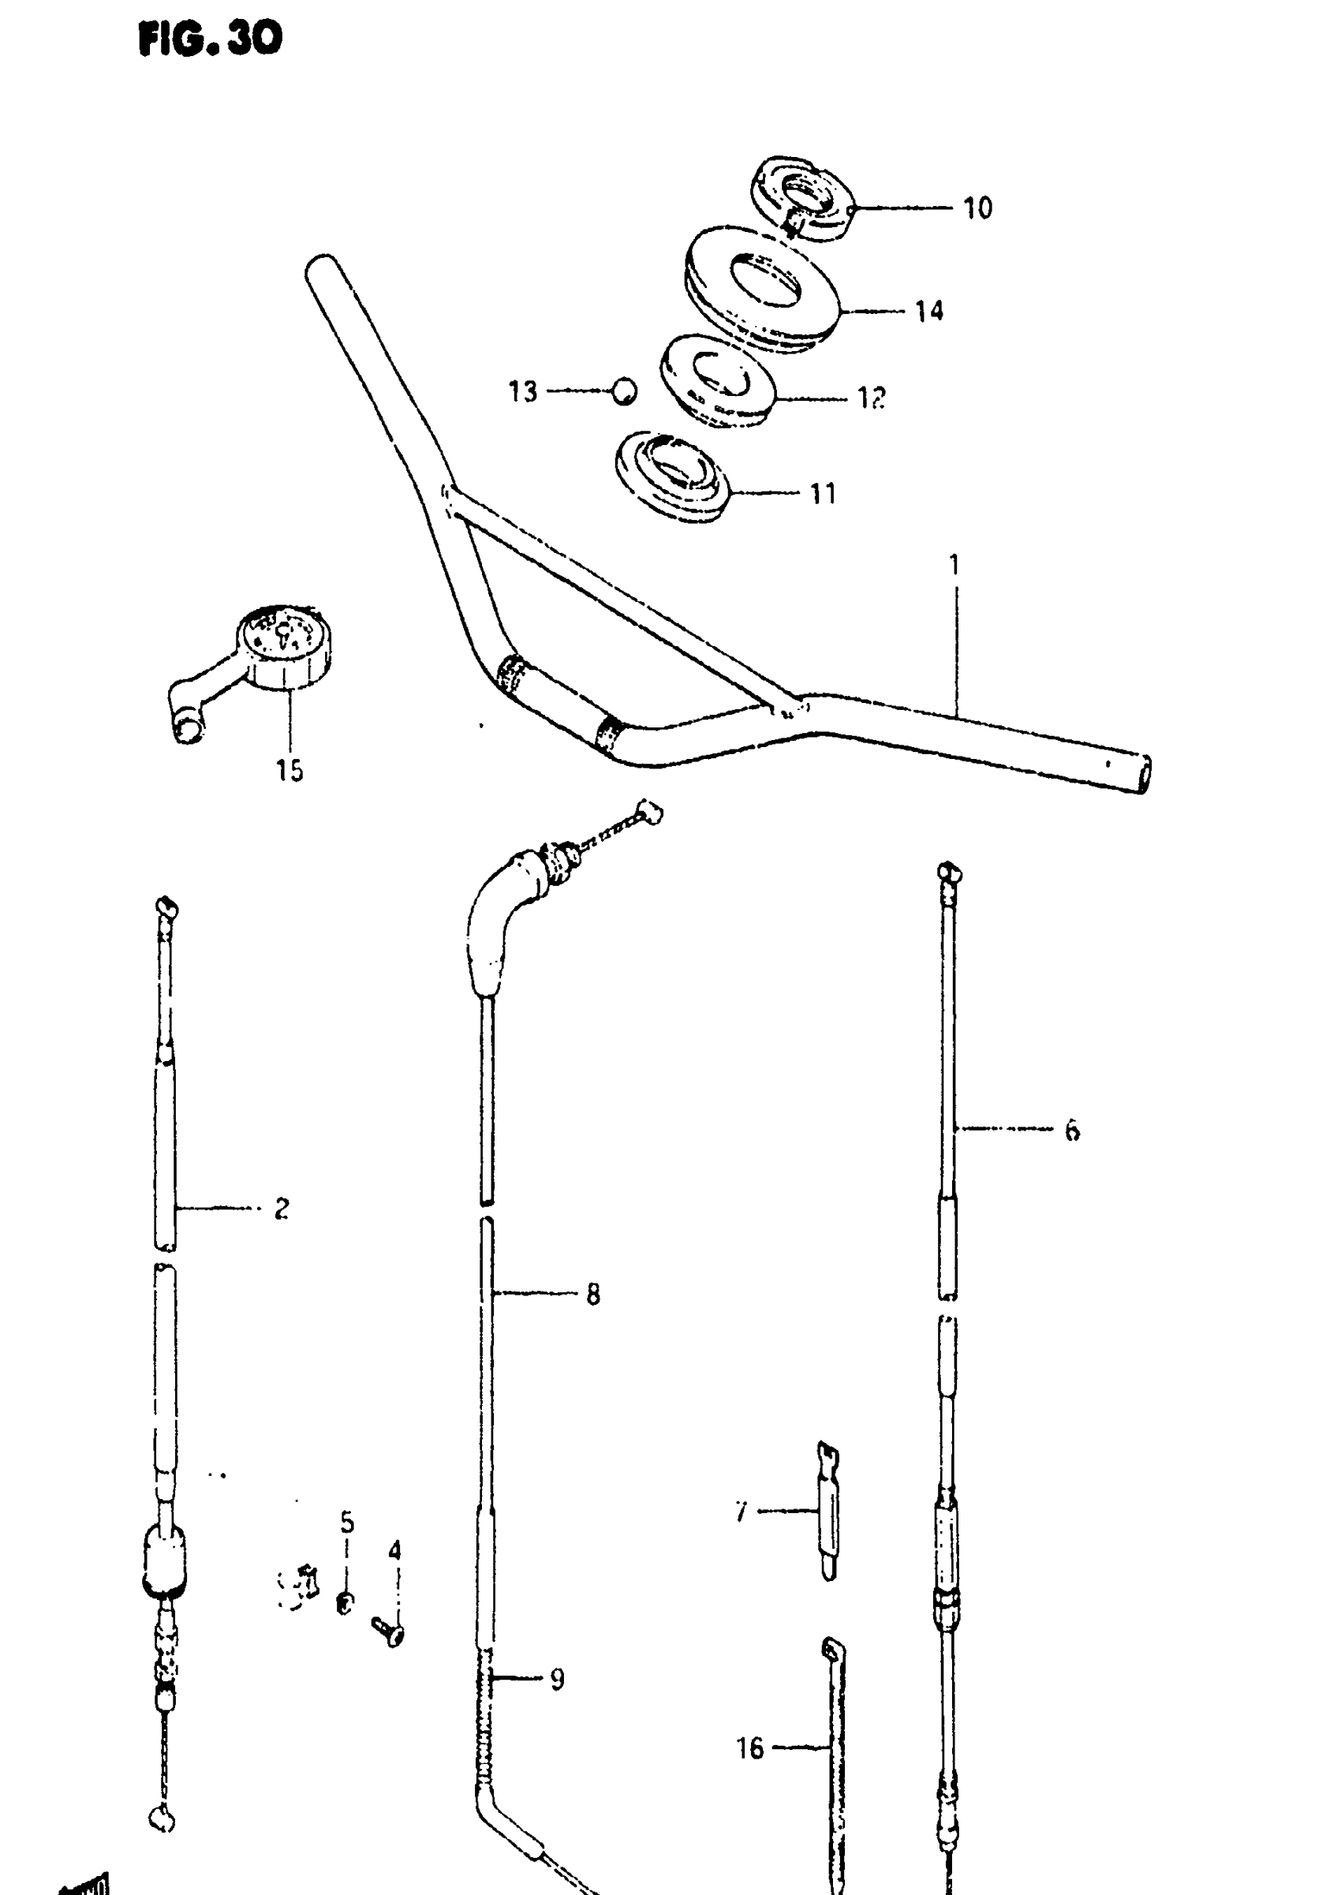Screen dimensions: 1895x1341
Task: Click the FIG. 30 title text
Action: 211,39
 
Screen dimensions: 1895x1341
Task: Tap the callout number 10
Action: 977,208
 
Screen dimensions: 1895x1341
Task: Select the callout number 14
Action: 929,312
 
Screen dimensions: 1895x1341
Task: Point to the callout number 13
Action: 523,391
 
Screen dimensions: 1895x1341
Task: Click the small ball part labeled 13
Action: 625,391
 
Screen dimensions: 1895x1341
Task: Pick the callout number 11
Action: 823,494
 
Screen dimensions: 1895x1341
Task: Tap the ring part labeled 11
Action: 673,477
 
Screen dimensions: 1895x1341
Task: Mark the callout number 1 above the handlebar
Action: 954,566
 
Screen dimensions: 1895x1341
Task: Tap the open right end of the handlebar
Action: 1143,775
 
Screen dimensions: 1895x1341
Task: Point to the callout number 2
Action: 282,1209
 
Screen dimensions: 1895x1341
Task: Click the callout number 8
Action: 593,1295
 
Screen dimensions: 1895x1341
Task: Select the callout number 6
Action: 1072,1131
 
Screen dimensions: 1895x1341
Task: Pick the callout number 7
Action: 741,1512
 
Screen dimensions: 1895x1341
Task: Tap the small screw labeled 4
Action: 388,1631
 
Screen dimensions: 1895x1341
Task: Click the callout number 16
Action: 749,1748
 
